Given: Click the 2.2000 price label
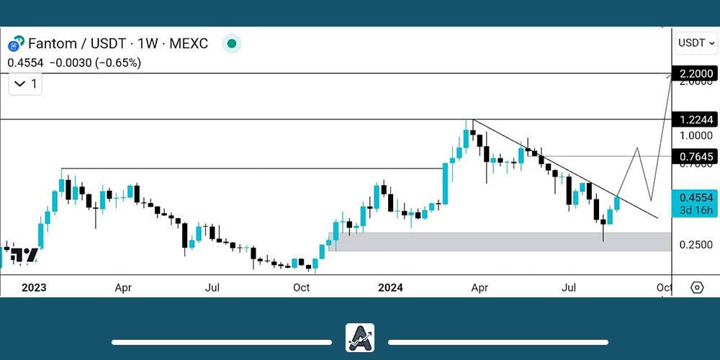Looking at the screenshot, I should [695, 73].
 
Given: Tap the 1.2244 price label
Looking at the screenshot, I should [695, 120].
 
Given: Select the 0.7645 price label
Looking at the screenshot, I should [695, 156].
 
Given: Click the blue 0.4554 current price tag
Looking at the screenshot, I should [695, 203].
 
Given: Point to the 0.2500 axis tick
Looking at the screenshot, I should [695, 245].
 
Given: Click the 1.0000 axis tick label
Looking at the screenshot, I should [695, 135].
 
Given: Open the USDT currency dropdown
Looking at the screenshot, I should [696, 43].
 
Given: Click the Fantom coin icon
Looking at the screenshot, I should [16, 43].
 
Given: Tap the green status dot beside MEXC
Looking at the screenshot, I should [232, 43].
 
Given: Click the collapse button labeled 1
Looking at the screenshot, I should [25, 84].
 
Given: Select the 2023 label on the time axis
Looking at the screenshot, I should [34, 288].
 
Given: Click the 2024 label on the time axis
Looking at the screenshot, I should [390, 288].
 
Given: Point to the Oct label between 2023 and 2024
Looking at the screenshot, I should [301, 288].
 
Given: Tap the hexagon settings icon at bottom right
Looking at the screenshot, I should [696, 288].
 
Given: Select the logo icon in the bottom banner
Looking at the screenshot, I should [360, 337].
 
